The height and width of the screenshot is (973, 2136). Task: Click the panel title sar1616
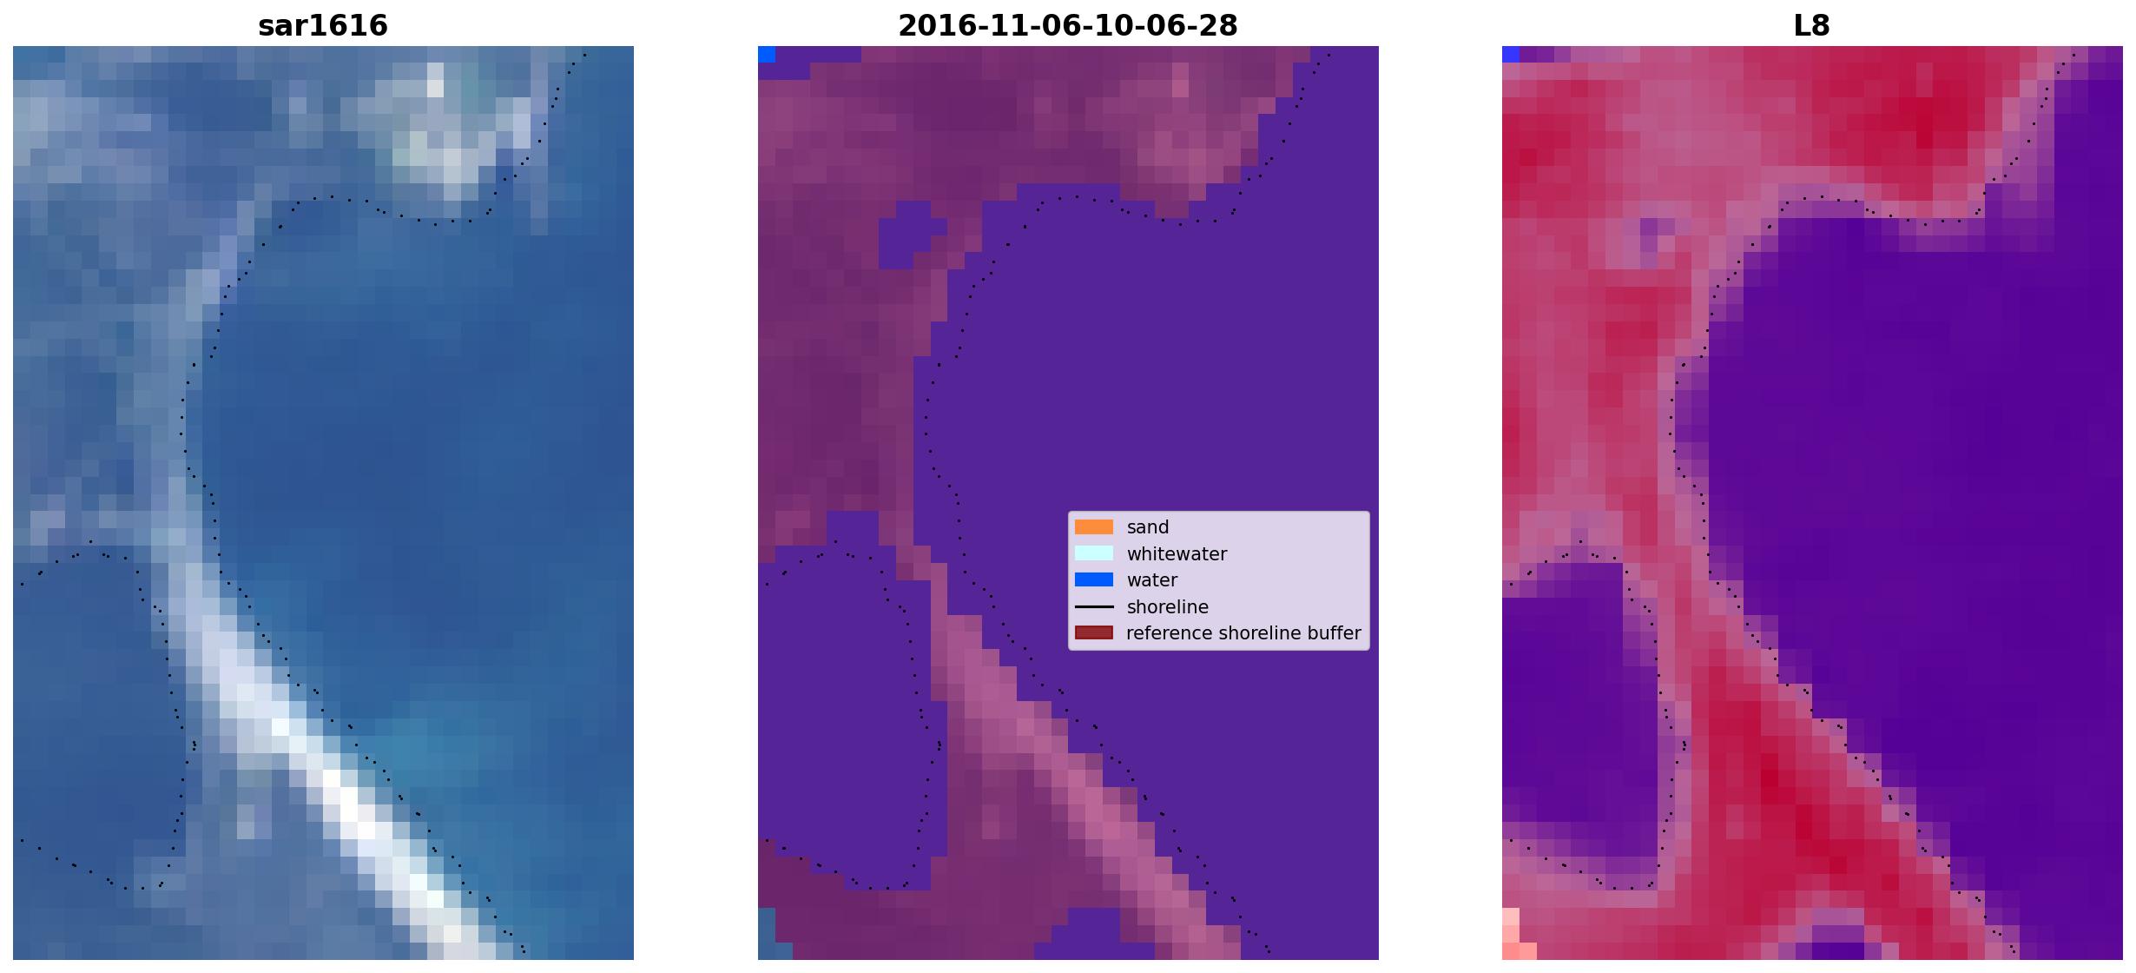click(x=323, y=26)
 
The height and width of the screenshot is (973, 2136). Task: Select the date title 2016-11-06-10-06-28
click(x=1068, y=26)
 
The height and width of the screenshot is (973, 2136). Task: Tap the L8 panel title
click(x=1812, y=26)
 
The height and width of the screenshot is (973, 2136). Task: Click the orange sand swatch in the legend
click(x=1094, y=526)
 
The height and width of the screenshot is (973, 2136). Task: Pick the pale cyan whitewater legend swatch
click(x=1094, y=553)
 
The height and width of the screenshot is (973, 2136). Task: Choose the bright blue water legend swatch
click(x=1094, y=579)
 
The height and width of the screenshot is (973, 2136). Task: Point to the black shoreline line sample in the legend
click(x=1094, y=606)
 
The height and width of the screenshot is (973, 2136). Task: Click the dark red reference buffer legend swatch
click(x=1094, y=632)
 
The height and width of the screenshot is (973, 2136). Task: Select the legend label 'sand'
click(x=1148, y=527)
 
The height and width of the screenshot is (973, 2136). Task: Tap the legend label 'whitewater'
click(x=1177, y=554)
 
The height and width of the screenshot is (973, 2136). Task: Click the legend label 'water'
click(x=1152, y=580)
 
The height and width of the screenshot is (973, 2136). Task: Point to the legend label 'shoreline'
click(x=1168, y=607)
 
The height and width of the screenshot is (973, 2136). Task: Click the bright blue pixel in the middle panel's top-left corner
click(x=767, y=54)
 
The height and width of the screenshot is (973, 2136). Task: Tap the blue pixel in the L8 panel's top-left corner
click(x=1511, y=54)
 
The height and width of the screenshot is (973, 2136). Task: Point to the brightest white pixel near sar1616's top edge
click(x=435, y=88)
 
